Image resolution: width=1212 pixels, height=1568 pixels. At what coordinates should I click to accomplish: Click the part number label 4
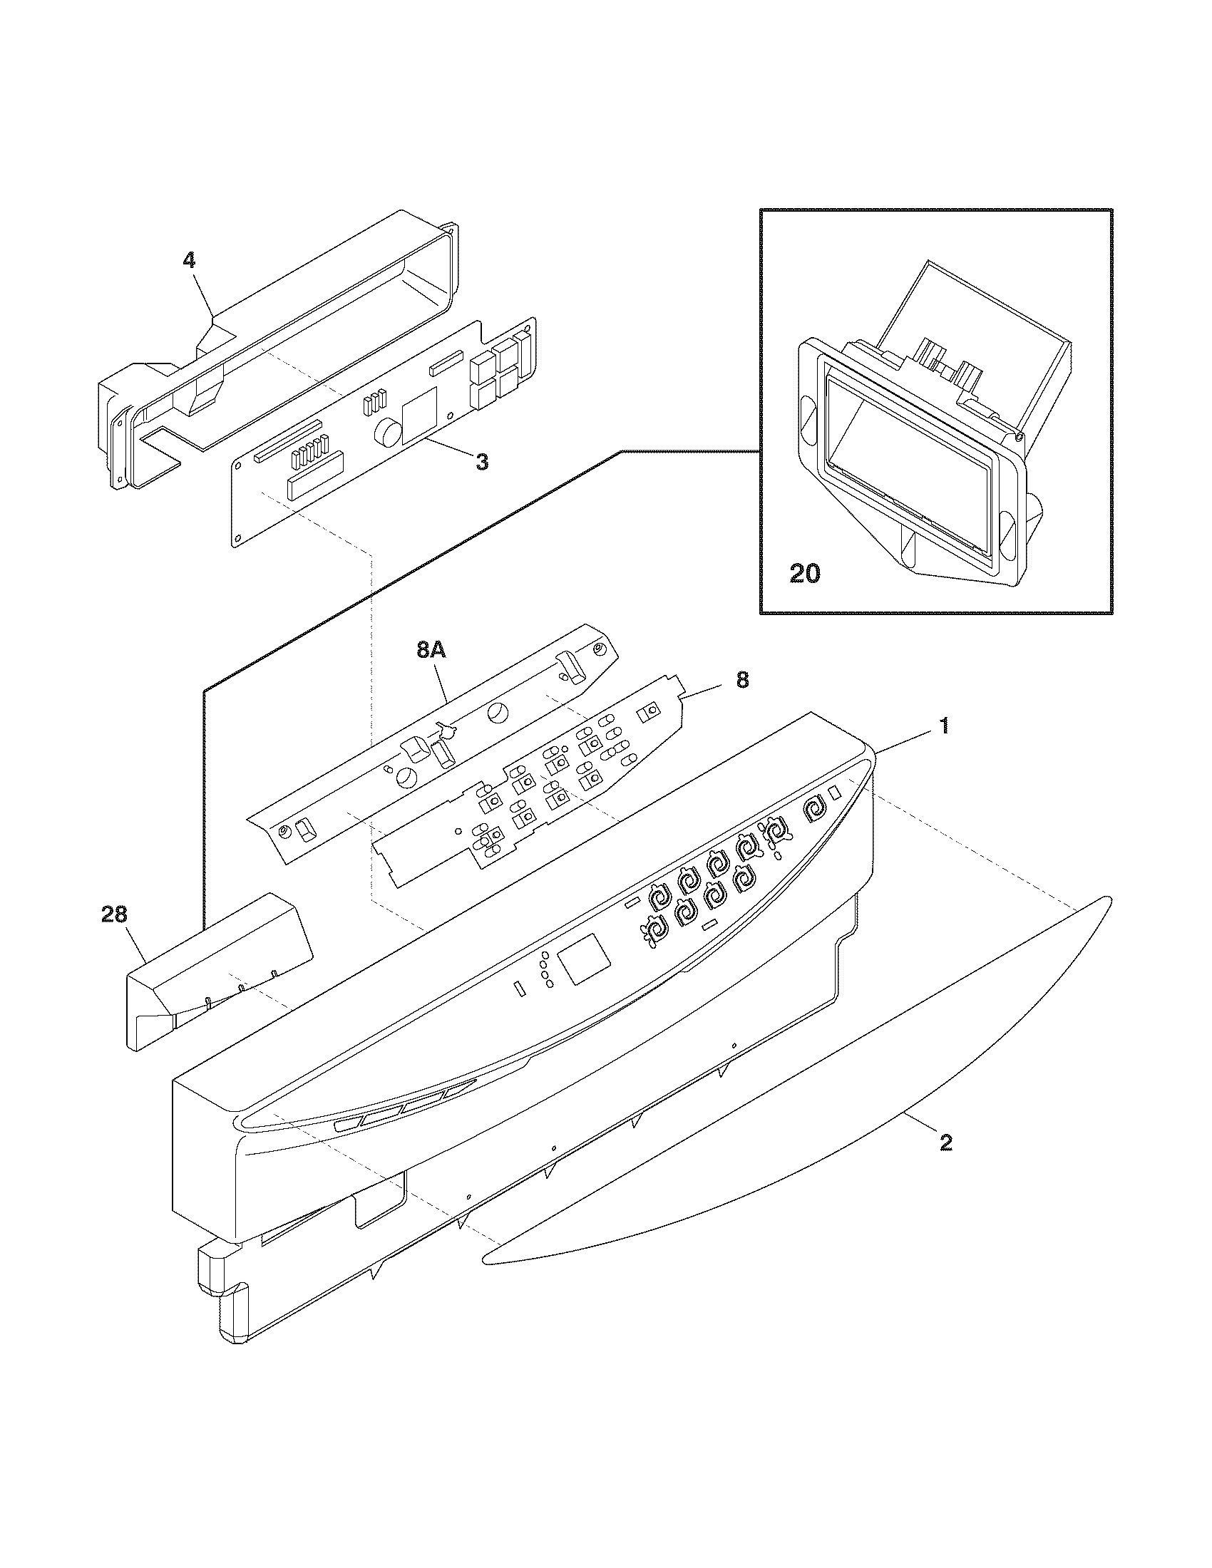(x=189, y=260)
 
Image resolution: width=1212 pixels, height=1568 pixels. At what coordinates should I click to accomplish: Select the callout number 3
(x=482, y=463)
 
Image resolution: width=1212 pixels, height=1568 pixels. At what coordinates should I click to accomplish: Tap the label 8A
(x=431, y=651)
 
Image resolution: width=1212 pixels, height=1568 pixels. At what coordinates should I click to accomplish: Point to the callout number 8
(x=741, y=679)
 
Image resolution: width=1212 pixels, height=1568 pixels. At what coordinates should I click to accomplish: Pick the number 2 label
(x=945, y=1143)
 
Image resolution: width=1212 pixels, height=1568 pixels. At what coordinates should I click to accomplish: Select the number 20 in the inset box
(x=804, y=574)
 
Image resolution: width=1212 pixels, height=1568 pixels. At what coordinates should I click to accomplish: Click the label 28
(x=114, y=914)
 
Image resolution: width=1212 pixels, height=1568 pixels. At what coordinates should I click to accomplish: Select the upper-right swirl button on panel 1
(x=814, y=809)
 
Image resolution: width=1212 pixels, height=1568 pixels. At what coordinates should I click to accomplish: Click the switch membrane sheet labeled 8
(x=531, y=797)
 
